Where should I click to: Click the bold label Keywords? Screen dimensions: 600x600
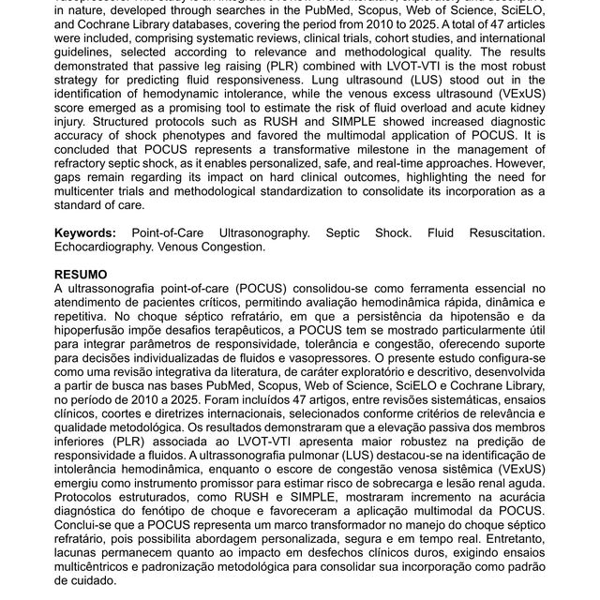point(85,232)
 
